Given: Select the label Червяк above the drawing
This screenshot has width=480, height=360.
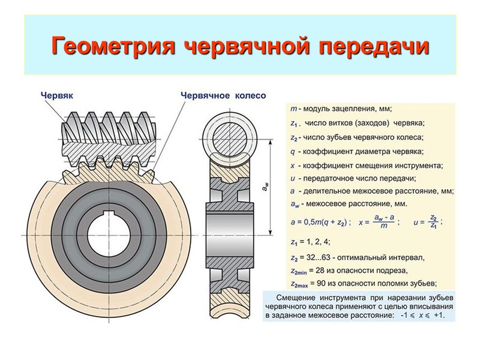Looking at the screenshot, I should click(x=57, y=95).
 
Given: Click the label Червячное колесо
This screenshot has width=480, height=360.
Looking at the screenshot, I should click(x=223, y=95).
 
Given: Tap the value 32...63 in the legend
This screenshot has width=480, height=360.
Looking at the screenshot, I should click(x=321, y=259).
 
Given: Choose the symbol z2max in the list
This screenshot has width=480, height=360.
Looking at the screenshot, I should click(x=300, y=284).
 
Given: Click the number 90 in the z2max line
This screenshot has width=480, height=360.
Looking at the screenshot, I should click(x=328, y=284).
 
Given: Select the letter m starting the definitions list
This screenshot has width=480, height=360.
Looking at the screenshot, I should click(x=292, y=109).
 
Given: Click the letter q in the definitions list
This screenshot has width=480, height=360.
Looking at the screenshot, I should click(x=292, y=151).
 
